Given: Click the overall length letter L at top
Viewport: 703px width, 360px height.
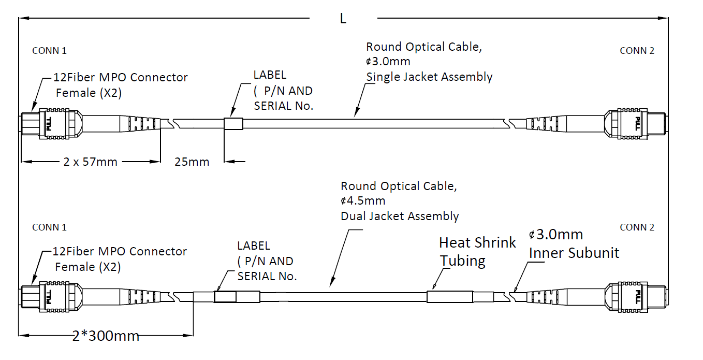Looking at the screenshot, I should pyautogui.click(x=343, y=19).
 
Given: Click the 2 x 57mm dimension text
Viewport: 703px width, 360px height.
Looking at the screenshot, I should pyautogui.click(x=91, y=162).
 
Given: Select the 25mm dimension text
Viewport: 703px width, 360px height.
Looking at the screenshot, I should pyautogui.click(x=192, y=162).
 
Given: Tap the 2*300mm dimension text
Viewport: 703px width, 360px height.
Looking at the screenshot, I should pyautogui.click(x=106, y=336).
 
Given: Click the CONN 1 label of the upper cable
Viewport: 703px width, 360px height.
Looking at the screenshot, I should pyautogui.click(x=49, y=51).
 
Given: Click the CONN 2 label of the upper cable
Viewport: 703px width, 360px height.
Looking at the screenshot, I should pyautogui.click(x=637, y=51).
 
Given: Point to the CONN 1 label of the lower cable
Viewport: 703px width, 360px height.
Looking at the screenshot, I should pyautogui.click(x=49, y=227).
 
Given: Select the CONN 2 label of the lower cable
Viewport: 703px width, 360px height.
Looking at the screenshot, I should pyautogui.click(x=637, y=227).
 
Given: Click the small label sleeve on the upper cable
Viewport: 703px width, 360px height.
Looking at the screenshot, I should pyautogui.click(x=233, y=124).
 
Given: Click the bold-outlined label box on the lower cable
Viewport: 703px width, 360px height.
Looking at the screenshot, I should pyautogui.click(x=225, y=297).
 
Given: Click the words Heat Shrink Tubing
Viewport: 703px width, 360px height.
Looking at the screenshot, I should pyautogui.click(x=477, y=251).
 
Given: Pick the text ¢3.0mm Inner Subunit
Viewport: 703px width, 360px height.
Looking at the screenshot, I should pyautogui.click(x=574, y=243).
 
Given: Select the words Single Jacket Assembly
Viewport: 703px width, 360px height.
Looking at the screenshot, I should pyautogui.click(x=429, y=77).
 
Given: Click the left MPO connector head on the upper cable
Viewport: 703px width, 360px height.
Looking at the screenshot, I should pyautogui.click(x=49, y=124).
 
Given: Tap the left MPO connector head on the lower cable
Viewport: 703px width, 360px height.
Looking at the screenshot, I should pyautogui.click(x=49, y=297).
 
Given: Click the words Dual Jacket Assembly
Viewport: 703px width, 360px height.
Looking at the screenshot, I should pyautogui.click(x=400, y=216).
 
